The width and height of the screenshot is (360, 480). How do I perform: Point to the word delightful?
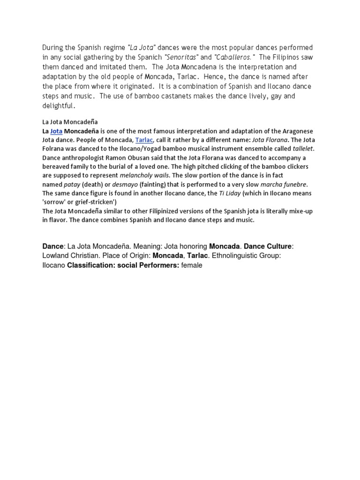(x=58, y=106)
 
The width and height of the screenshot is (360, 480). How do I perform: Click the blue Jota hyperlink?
(x=56, y=131)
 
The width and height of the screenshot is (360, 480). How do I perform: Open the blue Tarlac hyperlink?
(x=144, y=140)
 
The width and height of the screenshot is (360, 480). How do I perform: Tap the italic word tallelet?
(x=303, y=149)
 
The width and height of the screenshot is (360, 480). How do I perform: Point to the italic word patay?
(x=72, y=184)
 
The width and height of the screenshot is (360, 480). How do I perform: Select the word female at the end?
(x=192, y=265)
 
